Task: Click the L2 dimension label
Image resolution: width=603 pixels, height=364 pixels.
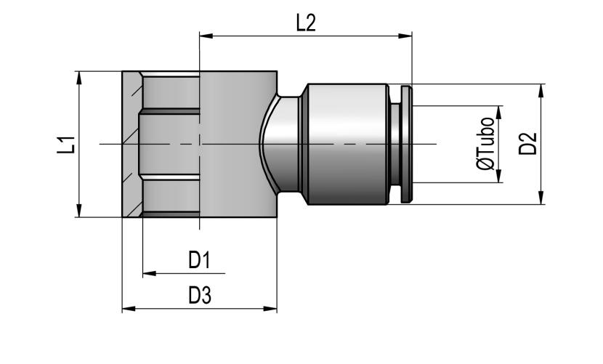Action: (306, 23)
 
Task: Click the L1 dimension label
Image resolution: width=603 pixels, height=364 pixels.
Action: (66, 145)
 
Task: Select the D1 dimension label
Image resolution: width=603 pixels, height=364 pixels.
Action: (199, 260)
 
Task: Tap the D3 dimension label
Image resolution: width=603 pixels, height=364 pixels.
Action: (200, 296)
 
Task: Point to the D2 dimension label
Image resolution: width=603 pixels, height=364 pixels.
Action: (527, 144)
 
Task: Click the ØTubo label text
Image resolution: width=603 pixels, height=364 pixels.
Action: (485, 144)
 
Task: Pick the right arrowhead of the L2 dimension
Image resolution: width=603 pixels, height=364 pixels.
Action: (405, 36)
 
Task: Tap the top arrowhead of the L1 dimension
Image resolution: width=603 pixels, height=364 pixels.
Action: (79, 78)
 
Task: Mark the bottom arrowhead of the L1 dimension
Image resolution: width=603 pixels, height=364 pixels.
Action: (79, 211)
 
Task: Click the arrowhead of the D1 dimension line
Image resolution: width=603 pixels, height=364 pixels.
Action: (150, 274)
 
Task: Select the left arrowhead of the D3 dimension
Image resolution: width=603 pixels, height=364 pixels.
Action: (129, 309)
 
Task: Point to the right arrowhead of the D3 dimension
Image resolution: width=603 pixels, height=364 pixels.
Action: (270, 309)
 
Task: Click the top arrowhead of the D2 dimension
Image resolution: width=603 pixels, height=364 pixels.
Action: (541, 91)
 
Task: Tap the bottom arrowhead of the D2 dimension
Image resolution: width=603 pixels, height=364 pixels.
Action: (541, 198)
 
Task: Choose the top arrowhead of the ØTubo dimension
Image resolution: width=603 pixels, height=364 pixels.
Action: (499, 113)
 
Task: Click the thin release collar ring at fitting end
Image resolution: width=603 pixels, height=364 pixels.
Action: (406, 145)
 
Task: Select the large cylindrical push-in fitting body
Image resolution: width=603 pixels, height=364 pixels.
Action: (347, 144)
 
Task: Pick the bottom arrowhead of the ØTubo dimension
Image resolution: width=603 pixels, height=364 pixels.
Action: (499, 175)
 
